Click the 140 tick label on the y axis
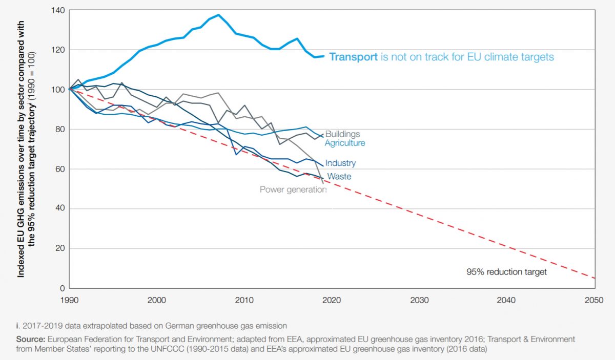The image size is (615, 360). coord(57,10)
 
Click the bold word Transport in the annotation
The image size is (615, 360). coord(353,57)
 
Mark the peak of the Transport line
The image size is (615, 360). coord(219,15)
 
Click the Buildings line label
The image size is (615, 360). coord(343,134)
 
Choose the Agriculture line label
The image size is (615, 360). coord(345,143)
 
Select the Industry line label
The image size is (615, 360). coord(340,163)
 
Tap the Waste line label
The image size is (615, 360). coord(339,177)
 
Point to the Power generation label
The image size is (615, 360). coord(293,189)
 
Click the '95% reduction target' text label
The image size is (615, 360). coord(506,272)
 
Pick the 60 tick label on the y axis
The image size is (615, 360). coord(59,169)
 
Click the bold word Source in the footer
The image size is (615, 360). coord(32,339)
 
